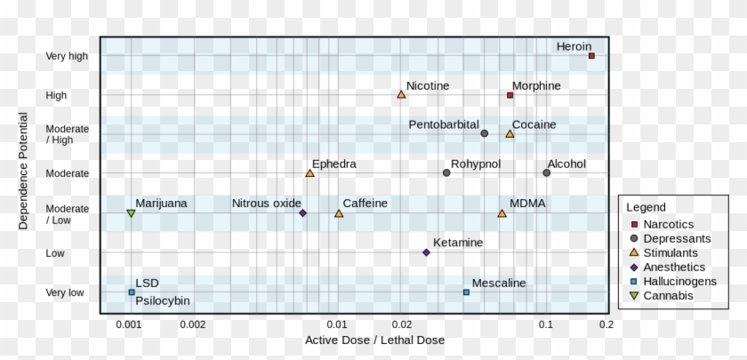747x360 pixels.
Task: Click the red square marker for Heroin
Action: point(591,56)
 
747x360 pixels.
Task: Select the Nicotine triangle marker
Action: point(401,94)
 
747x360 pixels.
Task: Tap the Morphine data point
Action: point(510,95)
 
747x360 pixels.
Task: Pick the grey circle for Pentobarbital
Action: point(484,133)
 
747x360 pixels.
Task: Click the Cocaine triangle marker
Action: point(510,133)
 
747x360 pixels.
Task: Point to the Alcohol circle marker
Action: point(546,172)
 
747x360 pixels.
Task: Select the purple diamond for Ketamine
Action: point(426,252)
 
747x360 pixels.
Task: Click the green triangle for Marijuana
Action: point(131,213)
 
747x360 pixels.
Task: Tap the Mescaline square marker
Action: point(466,292)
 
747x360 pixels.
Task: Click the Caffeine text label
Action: point(365,204)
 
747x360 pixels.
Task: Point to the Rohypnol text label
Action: point(476,164)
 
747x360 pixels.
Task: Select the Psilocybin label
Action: point(163,300)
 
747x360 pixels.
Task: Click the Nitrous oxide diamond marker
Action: point(302,213)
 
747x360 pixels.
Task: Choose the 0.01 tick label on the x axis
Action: point(336,324)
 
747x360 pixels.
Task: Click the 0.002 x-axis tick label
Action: point(192,324)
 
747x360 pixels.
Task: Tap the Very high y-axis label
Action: point(68,56)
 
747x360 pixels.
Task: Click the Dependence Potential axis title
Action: point(23,170)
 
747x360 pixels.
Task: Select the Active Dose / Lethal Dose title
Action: point(374,340)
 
